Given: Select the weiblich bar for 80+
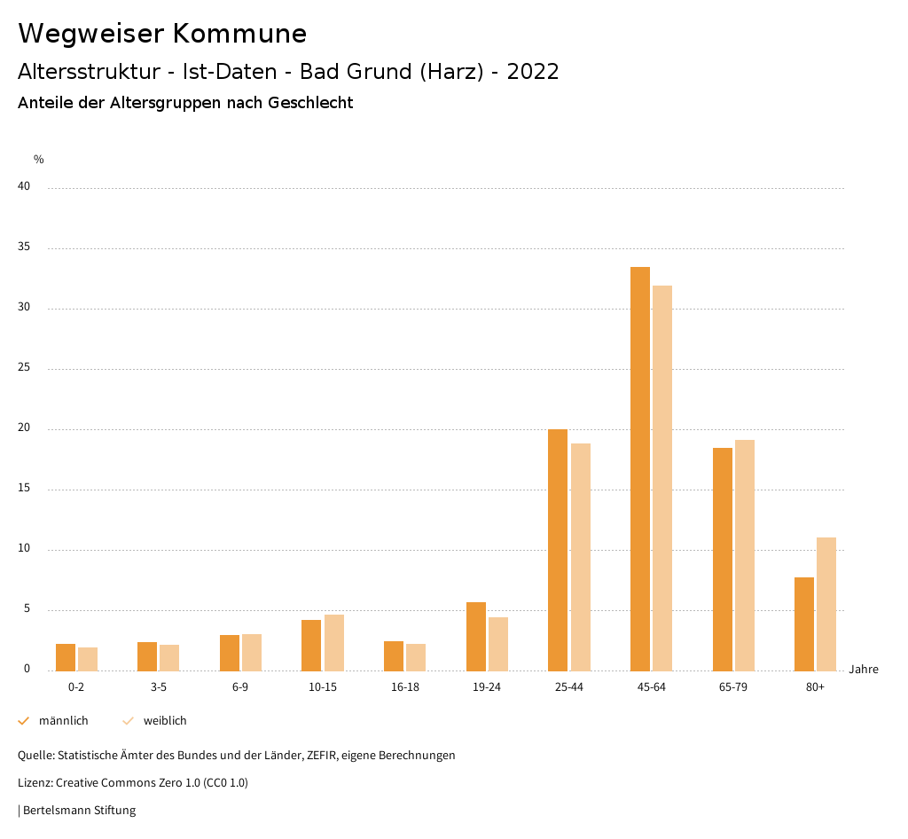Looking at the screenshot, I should tap(826, 604).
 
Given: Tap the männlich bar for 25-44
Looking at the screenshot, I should tap(558, 550).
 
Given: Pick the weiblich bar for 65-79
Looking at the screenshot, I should tap(745, 555).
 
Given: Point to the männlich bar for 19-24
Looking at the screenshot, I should tap(476, 637).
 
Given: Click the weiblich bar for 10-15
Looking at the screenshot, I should tap(333, 643).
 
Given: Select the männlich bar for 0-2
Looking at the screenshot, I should tap(66, 657).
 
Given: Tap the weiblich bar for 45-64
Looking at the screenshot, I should tap(662, 478).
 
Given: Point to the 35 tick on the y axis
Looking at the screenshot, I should tap(24, 247).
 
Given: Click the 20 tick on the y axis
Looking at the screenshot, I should tap(24, 428).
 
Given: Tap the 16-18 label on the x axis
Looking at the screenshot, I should tap(405, 687).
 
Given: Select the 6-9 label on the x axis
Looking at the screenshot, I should tap(240, 687).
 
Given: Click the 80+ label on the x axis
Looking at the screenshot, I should tap(815, 687).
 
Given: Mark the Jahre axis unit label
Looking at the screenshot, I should tap(864, 670).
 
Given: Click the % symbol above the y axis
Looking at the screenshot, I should tap(39, 160).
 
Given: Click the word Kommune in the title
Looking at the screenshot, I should tap(239, 34).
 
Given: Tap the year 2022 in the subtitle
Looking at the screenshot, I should tap(533, 72).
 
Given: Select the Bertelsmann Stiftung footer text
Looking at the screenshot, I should tap(79, 811).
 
